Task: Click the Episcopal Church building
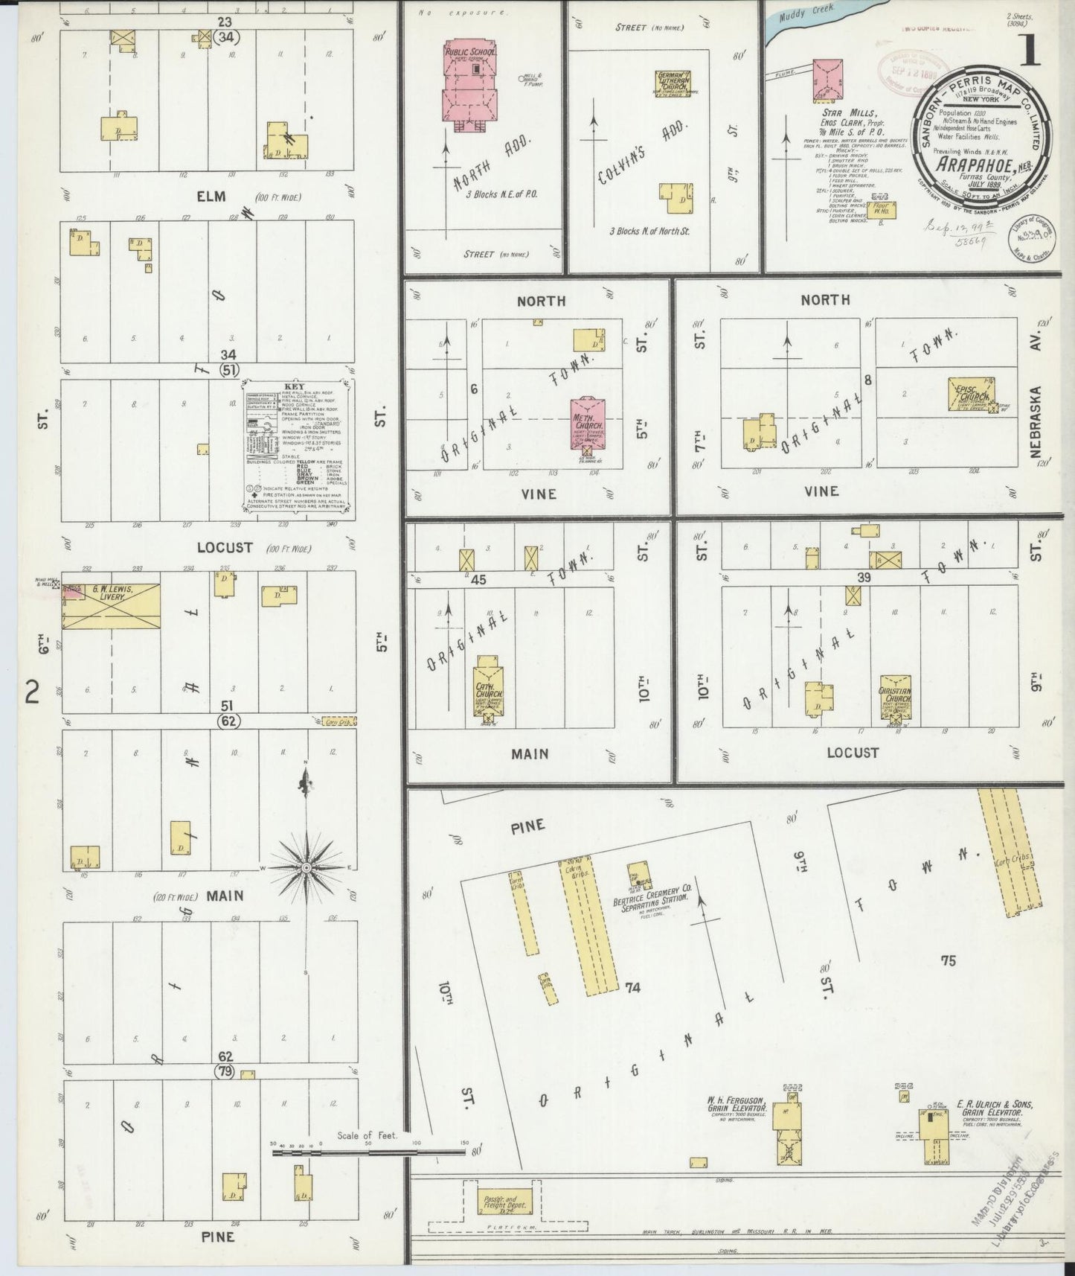pos(973,395)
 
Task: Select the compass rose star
pos(306,868)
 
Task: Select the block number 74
pos(632,988)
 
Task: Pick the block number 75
pos(947,961)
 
